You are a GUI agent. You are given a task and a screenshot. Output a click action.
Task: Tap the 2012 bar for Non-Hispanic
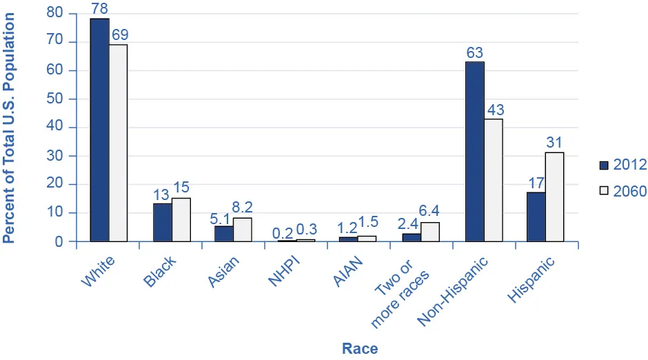pyautogui.click(x=475, y=152)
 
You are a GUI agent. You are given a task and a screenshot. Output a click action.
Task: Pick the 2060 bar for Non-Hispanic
pyautogui.click(x=494, y=180)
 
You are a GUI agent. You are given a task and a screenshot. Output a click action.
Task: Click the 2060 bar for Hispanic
pyautogui.click(x=554, y=197)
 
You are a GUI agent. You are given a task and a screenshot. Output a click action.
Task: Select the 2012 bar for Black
pyautogui.click(x=163, y=222)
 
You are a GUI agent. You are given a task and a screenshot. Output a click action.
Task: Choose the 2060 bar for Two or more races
pyautogui.click(x=430, y=232)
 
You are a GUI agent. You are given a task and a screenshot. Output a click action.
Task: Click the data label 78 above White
pyautogui.click(x=99, y=8)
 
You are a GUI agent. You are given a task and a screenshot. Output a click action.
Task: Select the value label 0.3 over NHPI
pyautogui.click(x=307, y=228)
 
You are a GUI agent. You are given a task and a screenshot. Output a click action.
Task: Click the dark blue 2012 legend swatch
pyautogui.click(x=605, y=165)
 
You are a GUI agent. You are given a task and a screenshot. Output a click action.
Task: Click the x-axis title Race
pyautogui.click(x=360, y=348)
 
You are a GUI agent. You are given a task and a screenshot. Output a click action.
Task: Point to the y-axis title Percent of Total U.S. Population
pyautogui.click(x=9, y=128)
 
